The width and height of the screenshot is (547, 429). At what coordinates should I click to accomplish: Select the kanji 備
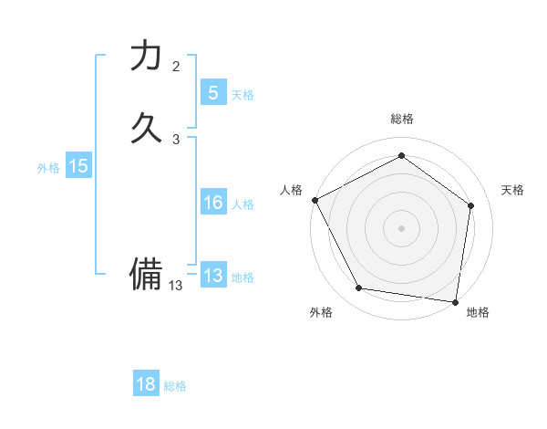[146, 273]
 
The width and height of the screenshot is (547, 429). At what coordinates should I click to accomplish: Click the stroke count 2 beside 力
[176, 66]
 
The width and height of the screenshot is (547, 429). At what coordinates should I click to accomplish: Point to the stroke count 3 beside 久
[176, 139]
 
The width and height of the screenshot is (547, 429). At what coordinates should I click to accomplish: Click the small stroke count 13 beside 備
[176, 286]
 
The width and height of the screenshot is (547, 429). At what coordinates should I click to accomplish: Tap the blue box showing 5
[212, 92]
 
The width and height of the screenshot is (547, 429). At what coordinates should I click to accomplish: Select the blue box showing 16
[212, 203]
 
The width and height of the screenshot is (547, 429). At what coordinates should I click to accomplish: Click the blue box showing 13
[212, 276]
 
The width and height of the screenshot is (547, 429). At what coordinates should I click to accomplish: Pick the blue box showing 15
[78, 166]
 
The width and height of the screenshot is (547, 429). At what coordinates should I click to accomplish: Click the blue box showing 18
[146, 384]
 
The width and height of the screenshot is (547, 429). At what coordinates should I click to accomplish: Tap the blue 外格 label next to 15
[48, 168]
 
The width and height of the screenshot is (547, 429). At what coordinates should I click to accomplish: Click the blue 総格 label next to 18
[175, 386]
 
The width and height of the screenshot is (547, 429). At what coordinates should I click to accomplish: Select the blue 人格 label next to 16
[243, 204]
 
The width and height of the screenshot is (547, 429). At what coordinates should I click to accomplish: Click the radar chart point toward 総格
[401, 156]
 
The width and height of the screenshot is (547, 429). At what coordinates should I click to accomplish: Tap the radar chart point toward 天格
[470, 205]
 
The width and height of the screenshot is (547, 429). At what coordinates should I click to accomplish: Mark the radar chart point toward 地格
[456, 301]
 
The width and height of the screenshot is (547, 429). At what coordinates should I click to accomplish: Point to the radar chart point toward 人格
[315, 200]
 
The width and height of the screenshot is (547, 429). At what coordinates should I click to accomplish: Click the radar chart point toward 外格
[359, 288]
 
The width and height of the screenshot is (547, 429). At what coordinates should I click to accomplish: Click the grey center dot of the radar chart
[401, 227]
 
